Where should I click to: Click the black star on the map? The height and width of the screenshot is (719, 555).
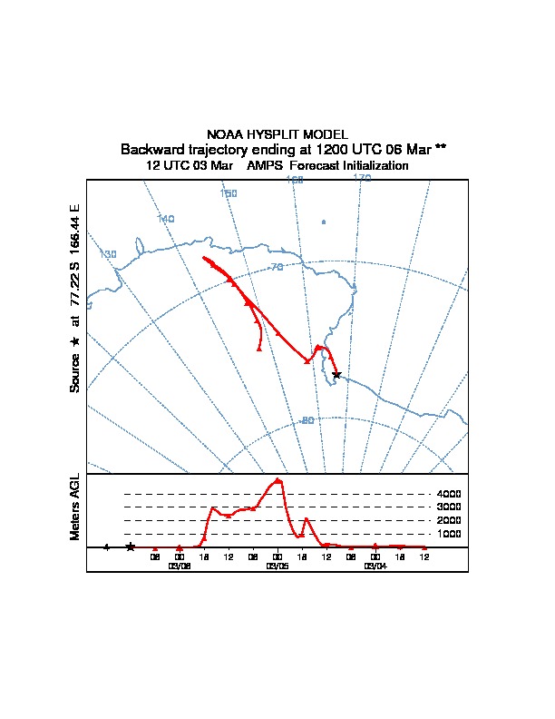click(336, 374)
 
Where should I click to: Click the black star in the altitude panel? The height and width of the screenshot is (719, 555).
click(131, 547)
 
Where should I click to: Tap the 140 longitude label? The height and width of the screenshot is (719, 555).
click(165, 219)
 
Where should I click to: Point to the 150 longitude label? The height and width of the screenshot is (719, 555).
click(229, 194)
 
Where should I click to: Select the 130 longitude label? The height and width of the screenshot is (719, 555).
click(108, 254)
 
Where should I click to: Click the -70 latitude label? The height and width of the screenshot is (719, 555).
click(276, 267)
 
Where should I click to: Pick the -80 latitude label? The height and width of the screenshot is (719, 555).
click(307, 420)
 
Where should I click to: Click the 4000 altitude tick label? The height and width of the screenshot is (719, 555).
click(449, 494)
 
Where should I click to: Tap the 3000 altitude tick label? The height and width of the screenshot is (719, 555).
click(449, 507)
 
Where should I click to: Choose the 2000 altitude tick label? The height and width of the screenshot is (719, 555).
click(449, 520)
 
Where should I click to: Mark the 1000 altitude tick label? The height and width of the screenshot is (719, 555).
click(449, 534)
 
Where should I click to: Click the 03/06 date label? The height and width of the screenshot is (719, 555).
click(180, 565)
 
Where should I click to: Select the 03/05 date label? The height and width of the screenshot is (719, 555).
click(277, 565)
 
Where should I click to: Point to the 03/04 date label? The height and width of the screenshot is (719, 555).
click(375, 565)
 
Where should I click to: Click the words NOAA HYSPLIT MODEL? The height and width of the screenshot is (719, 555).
click(277, 134)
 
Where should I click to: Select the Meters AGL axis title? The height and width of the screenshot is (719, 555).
click(76, 507)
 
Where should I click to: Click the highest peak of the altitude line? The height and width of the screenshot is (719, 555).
click(277, 479)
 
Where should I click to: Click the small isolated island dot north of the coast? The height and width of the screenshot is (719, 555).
click(324, 222)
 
